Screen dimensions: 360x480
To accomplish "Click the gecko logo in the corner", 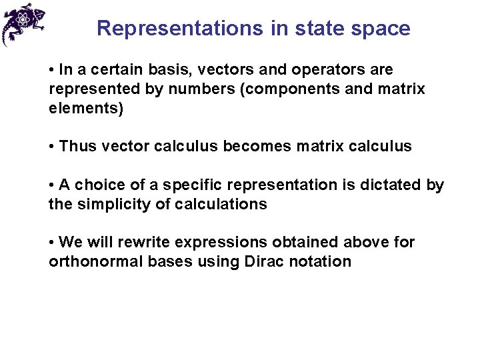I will pyautogui.click(x=23, y=24).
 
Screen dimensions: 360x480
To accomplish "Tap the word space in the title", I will pyautogui.click(x=382, y=29).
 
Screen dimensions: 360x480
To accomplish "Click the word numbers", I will pyautogui.click(x=193, y=89).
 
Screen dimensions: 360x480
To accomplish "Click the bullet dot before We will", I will pyautogui.click(x=52, y=243).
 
